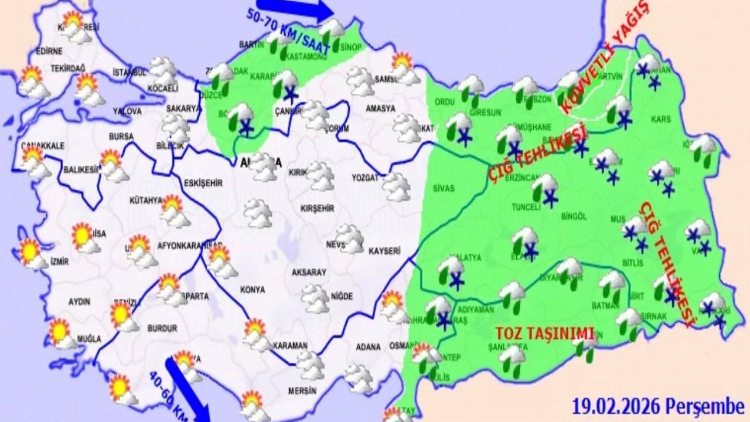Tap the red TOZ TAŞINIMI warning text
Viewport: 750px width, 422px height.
545,332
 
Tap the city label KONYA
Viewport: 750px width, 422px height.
253,290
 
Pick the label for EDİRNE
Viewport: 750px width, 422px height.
49,50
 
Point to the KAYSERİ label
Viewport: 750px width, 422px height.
384,251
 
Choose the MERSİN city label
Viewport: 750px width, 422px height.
302,390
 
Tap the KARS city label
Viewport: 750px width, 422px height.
660,120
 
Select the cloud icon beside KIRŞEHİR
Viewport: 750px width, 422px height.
258,213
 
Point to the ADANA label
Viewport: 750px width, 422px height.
368,347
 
